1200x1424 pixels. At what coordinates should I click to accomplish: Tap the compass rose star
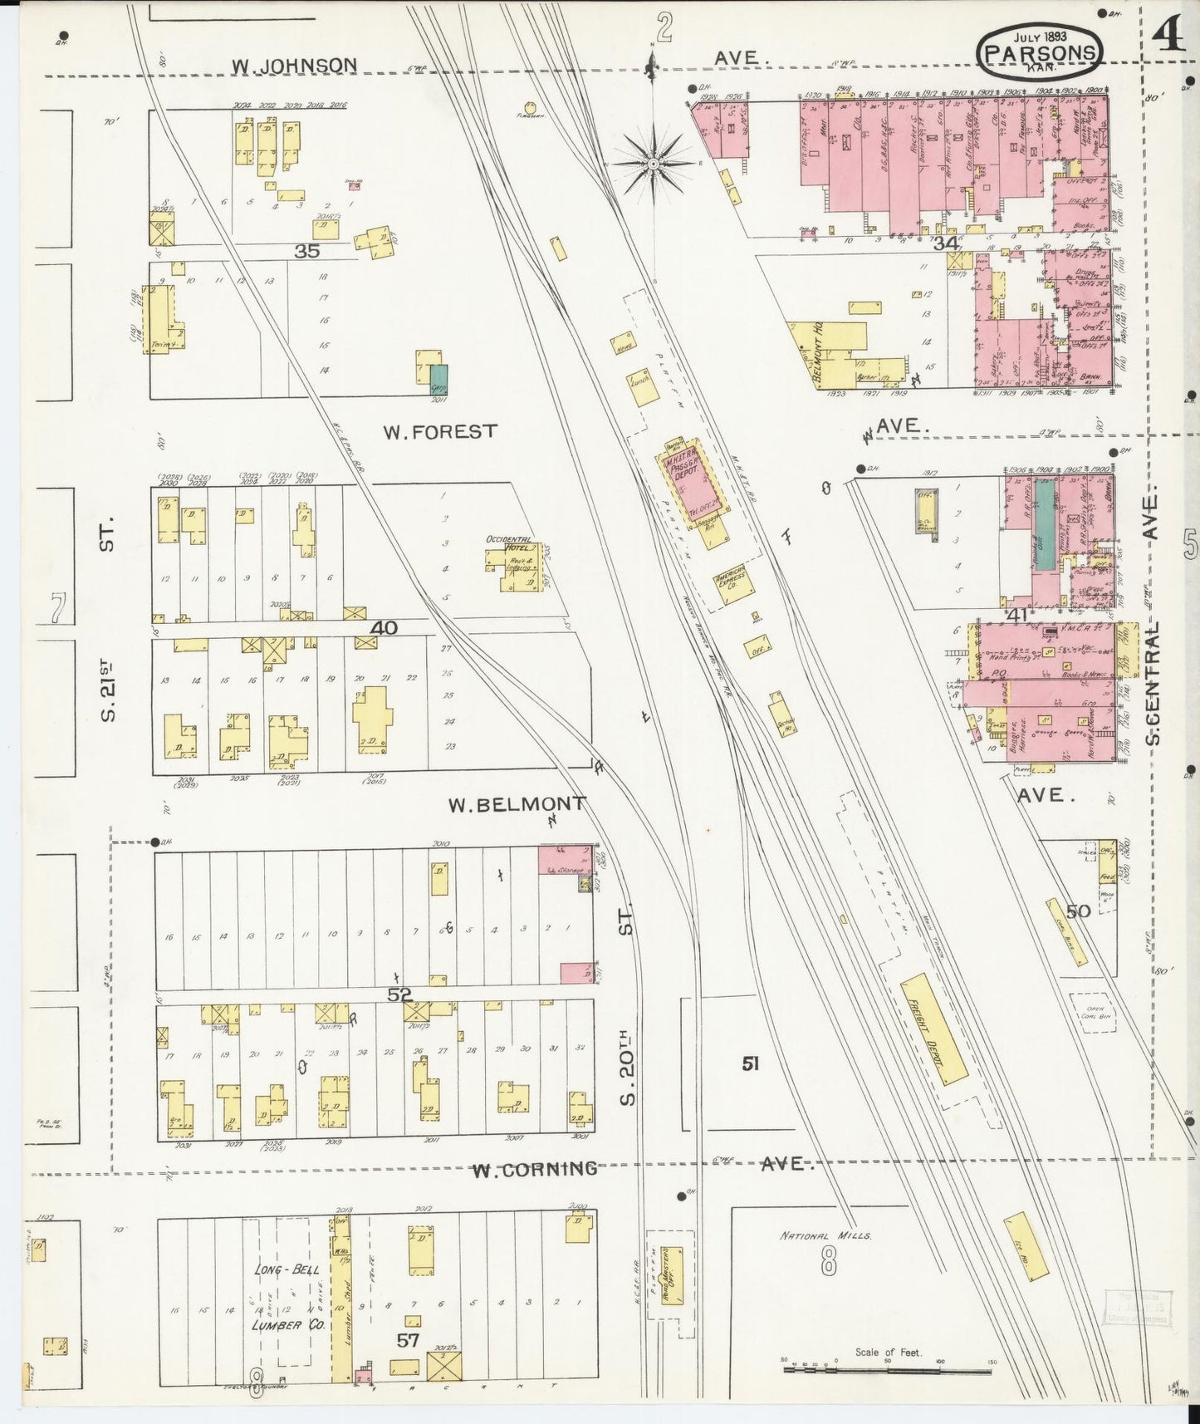coord(654,164)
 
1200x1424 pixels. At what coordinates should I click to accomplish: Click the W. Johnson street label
coord(294,65)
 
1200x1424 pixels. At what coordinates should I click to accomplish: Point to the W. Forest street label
coord(440,431)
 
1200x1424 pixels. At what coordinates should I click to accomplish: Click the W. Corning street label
coord(535,1169)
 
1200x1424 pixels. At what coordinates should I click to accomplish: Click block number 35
coord(307,250)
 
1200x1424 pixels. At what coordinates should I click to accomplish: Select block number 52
coord(400,994)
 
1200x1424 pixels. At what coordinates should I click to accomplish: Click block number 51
coord(751,1063)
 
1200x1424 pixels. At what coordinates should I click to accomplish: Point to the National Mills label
coord(825,1235)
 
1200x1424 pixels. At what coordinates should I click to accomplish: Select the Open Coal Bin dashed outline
coord(1092,1013)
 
